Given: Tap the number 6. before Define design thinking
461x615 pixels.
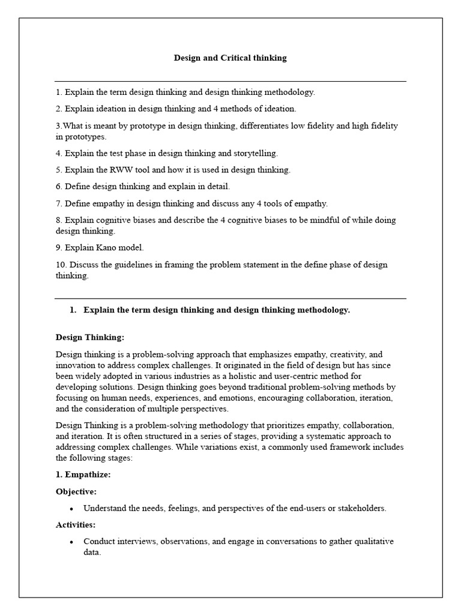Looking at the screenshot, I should tap(59, 187).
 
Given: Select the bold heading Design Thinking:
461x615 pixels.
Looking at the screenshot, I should tap(90, 338).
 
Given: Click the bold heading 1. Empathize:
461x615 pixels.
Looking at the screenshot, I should tap(83, 474).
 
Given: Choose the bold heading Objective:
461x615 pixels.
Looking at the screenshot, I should tap(76, 491).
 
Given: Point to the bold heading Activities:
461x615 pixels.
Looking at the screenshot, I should tap(76, 525).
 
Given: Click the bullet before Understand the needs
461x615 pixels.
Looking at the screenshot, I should tap(71, 509).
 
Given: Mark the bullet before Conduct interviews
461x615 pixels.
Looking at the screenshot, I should tap(71, 542).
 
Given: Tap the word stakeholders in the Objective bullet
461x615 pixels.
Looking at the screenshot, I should tap(363, 508).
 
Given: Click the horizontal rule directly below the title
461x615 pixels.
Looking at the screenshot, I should tap(230, 81).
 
